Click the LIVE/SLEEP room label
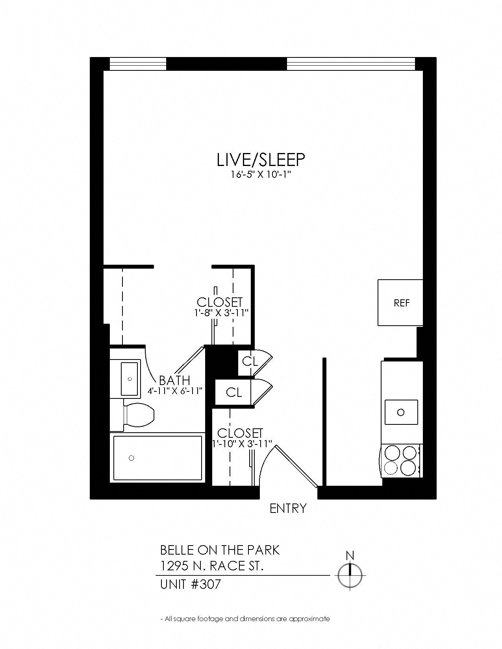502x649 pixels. (261, 160)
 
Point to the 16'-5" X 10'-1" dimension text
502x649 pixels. (261, 175)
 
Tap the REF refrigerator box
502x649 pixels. (401, 302)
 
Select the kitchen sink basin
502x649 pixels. (401, 412)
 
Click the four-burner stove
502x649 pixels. (401, 460)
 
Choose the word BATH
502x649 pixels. (174, 380)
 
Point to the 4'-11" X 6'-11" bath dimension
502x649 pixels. (175, 391)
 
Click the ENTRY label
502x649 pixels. (288, 509)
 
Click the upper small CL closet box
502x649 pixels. (250, 361)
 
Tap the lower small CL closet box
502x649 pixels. (234, 392)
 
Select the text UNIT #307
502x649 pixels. (191, 584)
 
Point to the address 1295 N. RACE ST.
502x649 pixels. (212, 566)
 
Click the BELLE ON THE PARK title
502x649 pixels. (220, 550)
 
